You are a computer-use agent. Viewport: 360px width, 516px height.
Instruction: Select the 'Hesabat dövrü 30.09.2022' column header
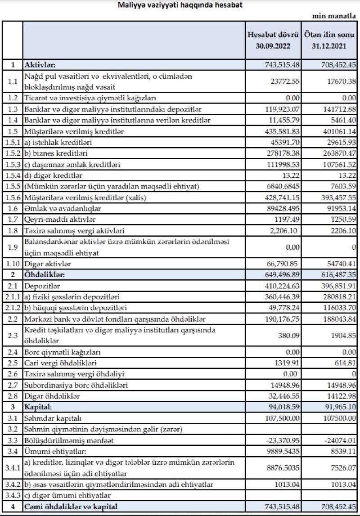[274, 40]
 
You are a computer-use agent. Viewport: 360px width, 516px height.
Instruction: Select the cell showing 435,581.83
[279, 131]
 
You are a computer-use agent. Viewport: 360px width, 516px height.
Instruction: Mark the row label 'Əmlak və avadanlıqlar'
[63, 209]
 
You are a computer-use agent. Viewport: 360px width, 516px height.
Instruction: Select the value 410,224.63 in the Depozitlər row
[279, 286]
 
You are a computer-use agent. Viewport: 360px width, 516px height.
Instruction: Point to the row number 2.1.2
[12, 308]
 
